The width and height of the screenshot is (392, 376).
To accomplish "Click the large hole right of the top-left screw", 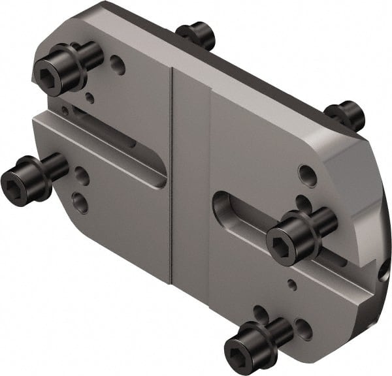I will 118,64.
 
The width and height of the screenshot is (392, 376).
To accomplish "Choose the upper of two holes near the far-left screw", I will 82,176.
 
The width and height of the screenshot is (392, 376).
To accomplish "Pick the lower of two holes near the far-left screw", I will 80,202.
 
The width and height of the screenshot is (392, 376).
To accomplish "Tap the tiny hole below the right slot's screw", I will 293,284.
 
